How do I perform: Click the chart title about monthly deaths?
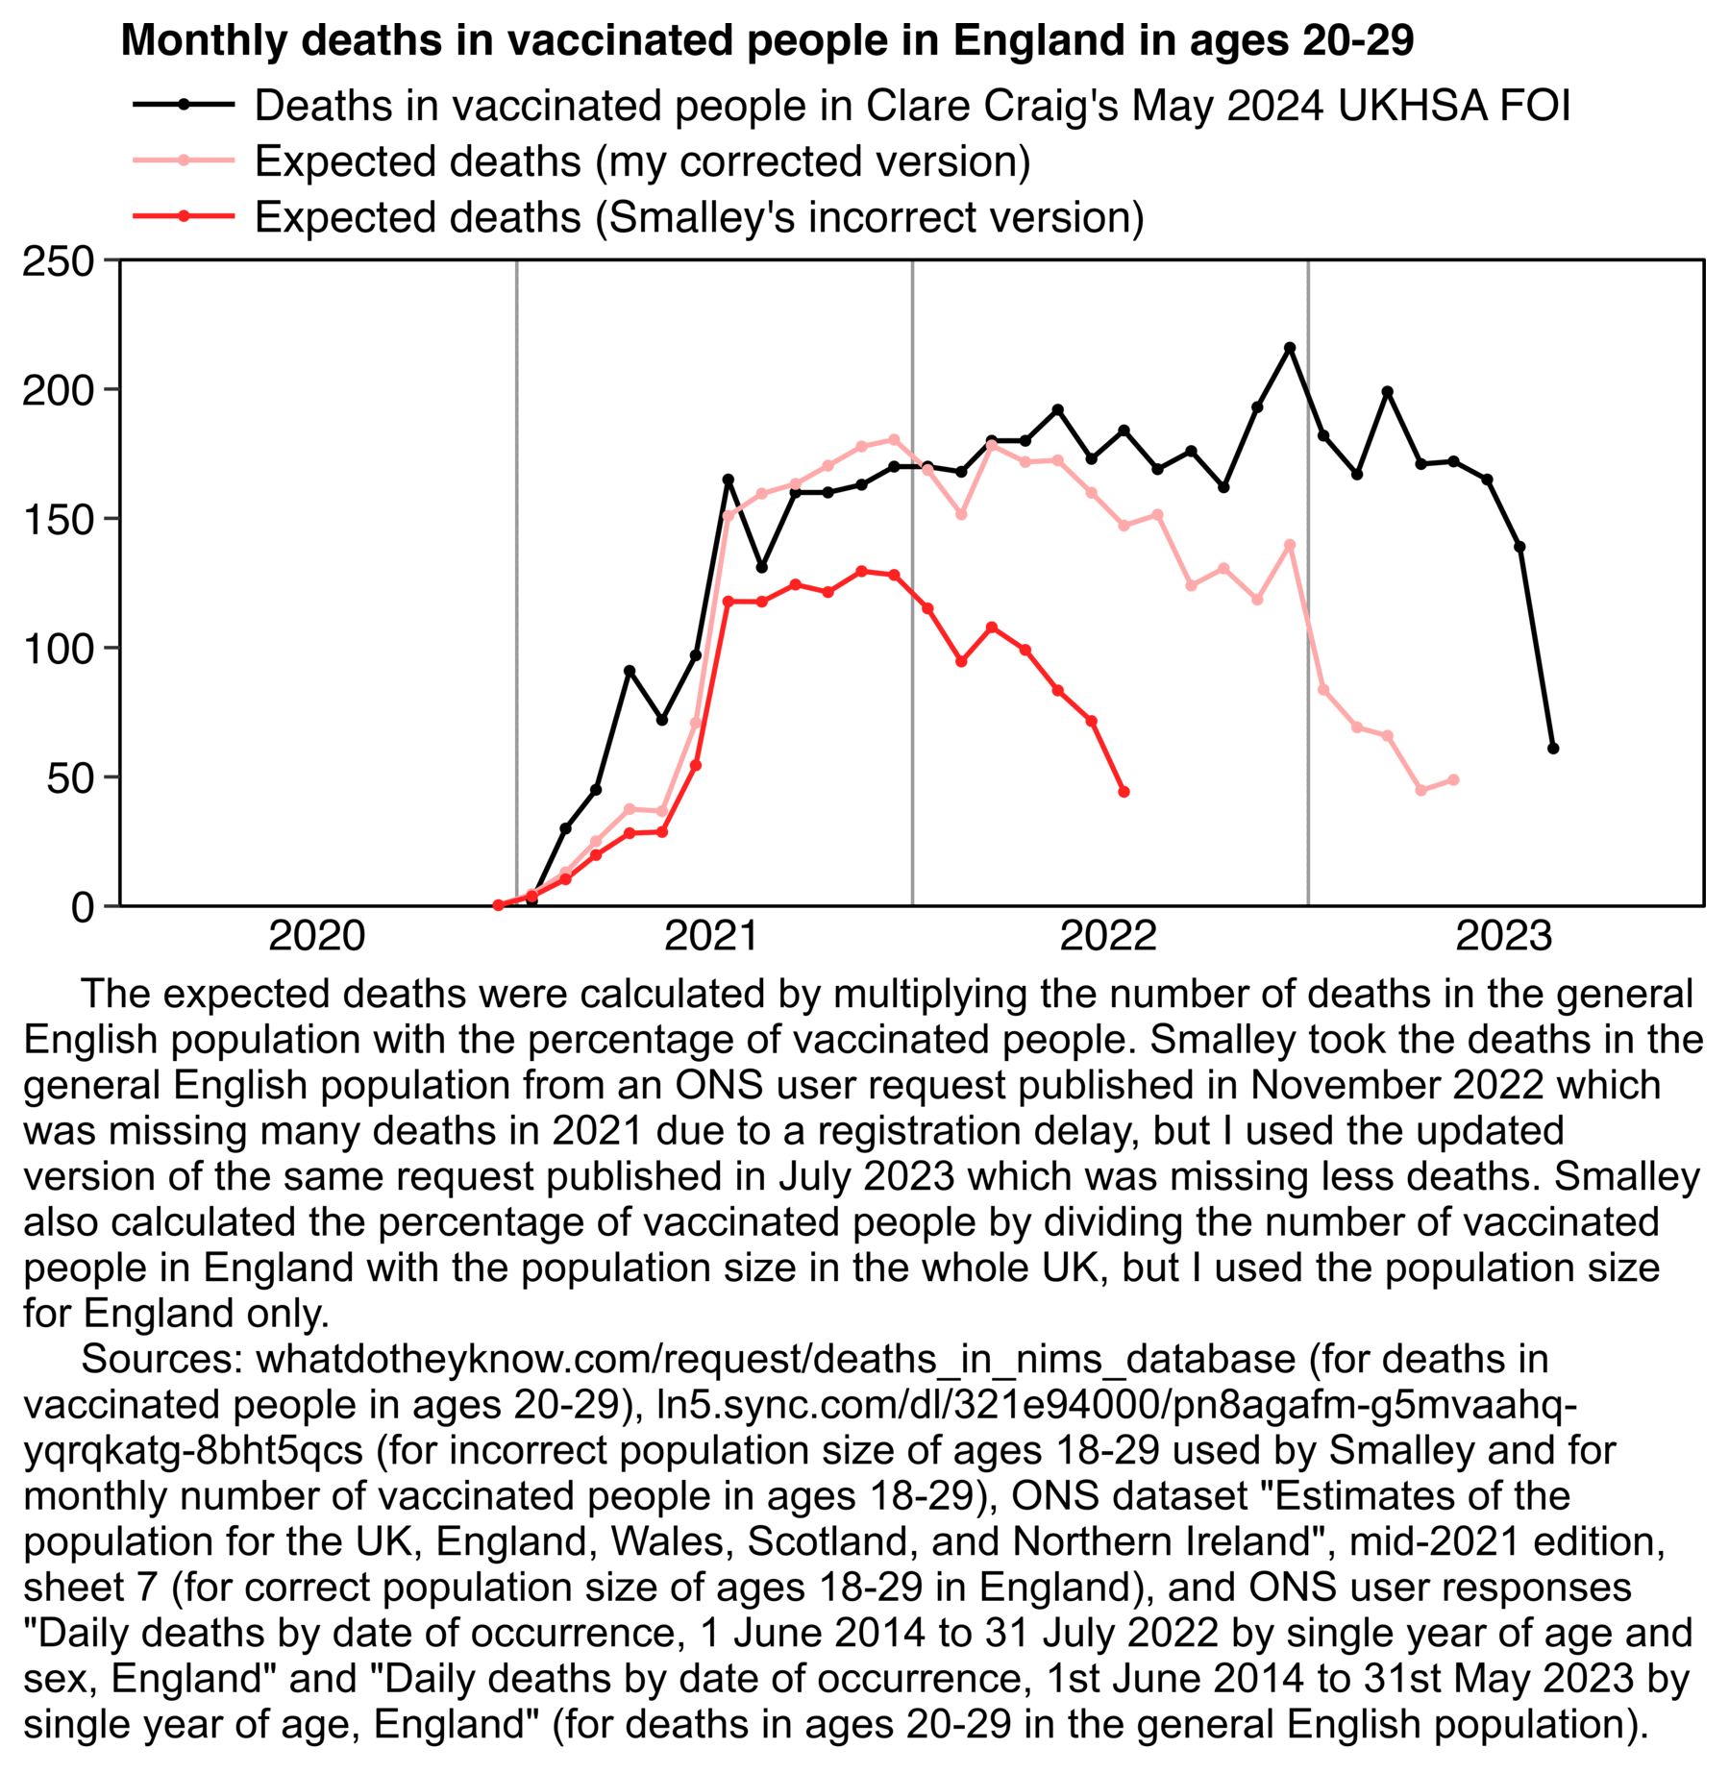coord(766,40)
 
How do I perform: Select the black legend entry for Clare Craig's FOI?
coord(911,105)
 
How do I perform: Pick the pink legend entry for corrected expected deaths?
coord(641,160)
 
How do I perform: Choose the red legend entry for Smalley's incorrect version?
coord(699,217)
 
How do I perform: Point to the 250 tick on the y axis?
coord(58,260)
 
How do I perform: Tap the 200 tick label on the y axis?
coord(58,390)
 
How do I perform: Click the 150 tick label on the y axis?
coord(58,519)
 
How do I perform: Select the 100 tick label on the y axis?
coord(58,649)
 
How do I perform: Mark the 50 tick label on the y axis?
coord(70,777)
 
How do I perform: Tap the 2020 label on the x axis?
coord(316,936)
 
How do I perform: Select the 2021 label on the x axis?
coord(712,936)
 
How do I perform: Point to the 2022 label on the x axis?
coord(1108,936)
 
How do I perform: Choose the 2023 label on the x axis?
coord(1504,936)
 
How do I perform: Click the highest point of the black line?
coord(1290,348)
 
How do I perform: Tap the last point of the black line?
coord(1553,749)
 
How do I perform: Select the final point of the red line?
coord(1124,792)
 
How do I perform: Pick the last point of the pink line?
coord(1454,780)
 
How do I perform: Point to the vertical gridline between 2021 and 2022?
coord(912,577)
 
